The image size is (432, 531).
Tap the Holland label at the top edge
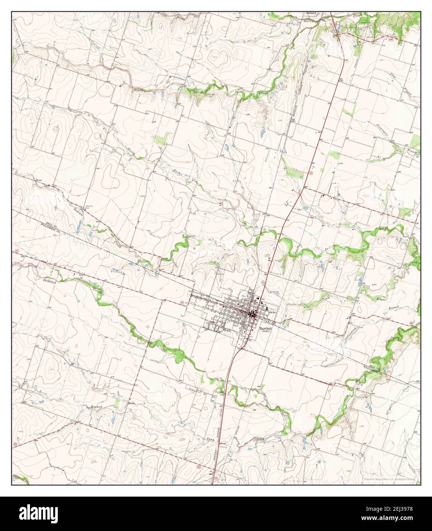[x=311, y=13]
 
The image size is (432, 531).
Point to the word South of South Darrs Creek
[x=138, y=90]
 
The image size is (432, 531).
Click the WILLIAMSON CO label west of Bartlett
[x=49, y=230]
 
